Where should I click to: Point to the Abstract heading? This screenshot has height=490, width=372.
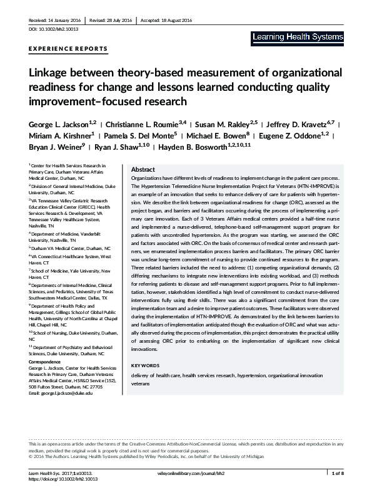(143, 170)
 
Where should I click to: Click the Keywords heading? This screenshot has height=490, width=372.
(146, 365)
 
